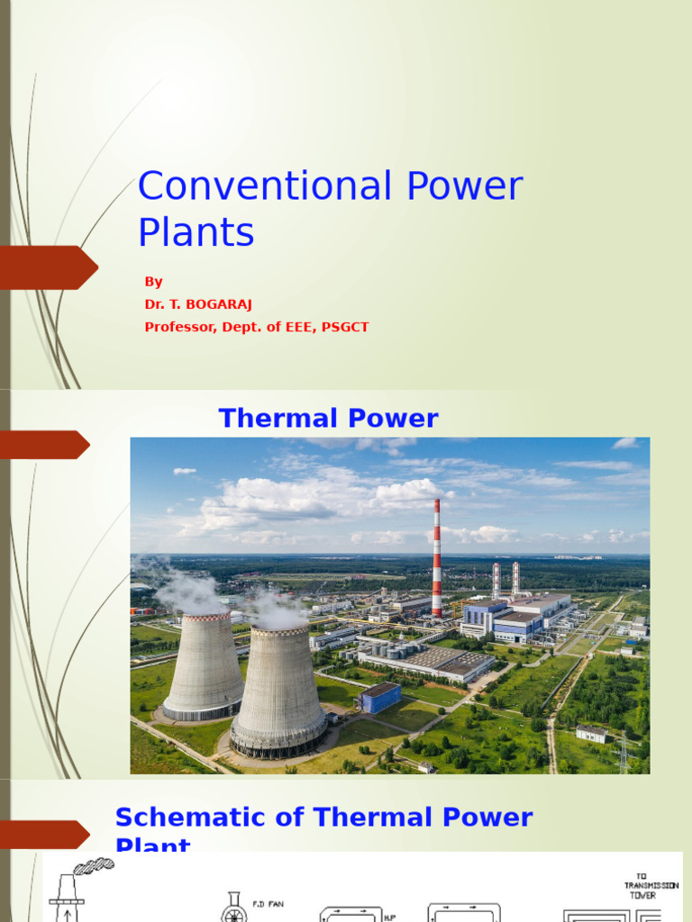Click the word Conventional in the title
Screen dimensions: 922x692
coord(264,186)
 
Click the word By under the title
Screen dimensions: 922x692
coord(153,282)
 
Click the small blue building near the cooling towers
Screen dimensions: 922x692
coord(379,697)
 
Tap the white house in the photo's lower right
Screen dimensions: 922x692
coord(591,734)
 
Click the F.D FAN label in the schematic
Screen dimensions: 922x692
coord(267,903)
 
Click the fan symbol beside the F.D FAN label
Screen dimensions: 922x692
coord(233,909)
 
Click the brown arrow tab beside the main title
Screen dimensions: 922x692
coord(50,267)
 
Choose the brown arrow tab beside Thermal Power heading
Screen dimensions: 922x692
coord(45,445)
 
